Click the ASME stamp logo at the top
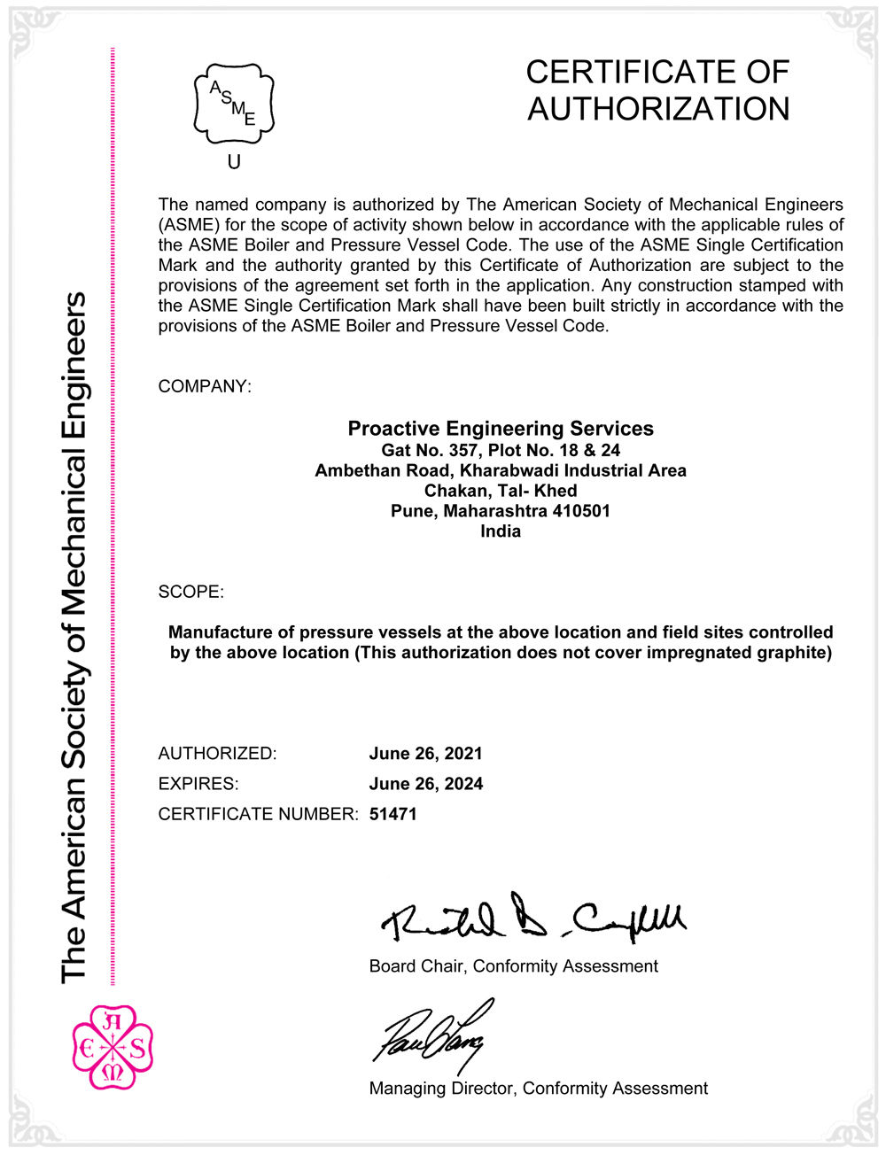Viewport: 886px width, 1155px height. (x=234, y=105)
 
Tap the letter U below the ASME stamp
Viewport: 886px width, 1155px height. (x=234, y=162)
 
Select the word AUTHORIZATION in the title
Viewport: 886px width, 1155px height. (x=658, y=109)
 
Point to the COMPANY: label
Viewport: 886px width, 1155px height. (x=205, y=386)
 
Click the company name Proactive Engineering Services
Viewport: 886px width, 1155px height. (x=501, y=429)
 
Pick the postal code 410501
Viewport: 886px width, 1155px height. (x=581, y=511)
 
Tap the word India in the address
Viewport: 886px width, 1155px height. (x=501, y=531)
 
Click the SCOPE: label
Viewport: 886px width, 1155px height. (x=191, y=592)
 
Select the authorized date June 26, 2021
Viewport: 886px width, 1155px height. (x=426, y=754)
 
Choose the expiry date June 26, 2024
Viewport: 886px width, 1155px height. (x=426, y=784)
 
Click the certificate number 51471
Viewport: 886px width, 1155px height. (x=393, y=814)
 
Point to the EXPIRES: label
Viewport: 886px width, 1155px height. (x=198, y=784)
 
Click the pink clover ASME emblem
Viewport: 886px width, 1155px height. (x=113, y=1047)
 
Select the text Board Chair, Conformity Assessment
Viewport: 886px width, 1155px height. (x=513, y=966)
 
